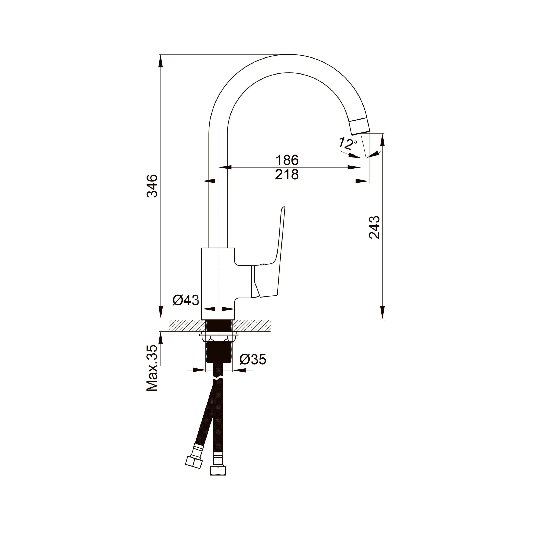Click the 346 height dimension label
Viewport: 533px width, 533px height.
coord(152,186)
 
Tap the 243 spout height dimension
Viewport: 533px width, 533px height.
coord(374,227)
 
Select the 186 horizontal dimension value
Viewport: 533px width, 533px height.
coord(287,160)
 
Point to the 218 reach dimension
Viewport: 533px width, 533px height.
coord(287,174)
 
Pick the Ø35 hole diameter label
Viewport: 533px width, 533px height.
coord(253,359)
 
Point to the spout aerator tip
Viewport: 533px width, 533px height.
coord(360,126)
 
